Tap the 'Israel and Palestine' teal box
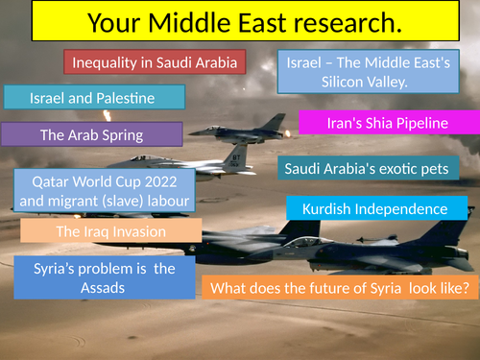[93, 98]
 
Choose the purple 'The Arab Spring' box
[91, 133]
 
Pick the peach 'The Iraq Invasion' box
[111, 231]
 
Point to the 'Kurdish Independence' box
[376, 208]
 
